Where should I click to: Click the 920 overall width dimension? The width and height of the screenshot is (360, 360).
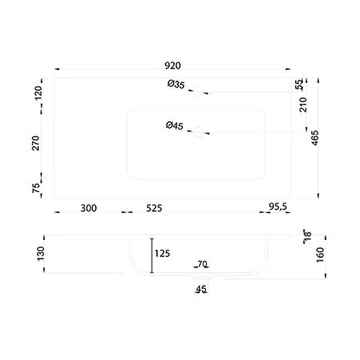(172, 66)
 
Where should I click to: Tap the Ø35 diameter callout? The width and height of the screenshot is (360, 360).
(176, 85)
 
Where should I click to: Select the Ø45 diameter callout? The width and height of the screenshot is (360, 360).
(175, 125)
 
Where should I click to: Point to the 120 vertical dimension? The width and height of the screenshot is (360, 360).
(38, 93)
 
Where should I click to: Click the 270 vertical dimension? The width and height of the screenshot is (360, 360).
(35, 143)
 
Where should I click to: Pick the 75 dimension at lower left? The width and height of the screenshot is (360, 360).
(35, 189)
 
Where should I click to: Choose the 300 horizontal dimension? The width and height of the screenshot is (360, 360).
(88, 208)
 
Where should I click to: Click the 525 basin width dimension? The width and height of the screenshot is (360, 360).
(154, 208)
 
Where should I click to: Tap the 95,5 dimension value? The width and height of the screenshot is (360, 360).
(278, 207)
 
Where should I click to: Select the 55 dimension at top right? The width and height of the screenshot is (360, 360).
(299, 85)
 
